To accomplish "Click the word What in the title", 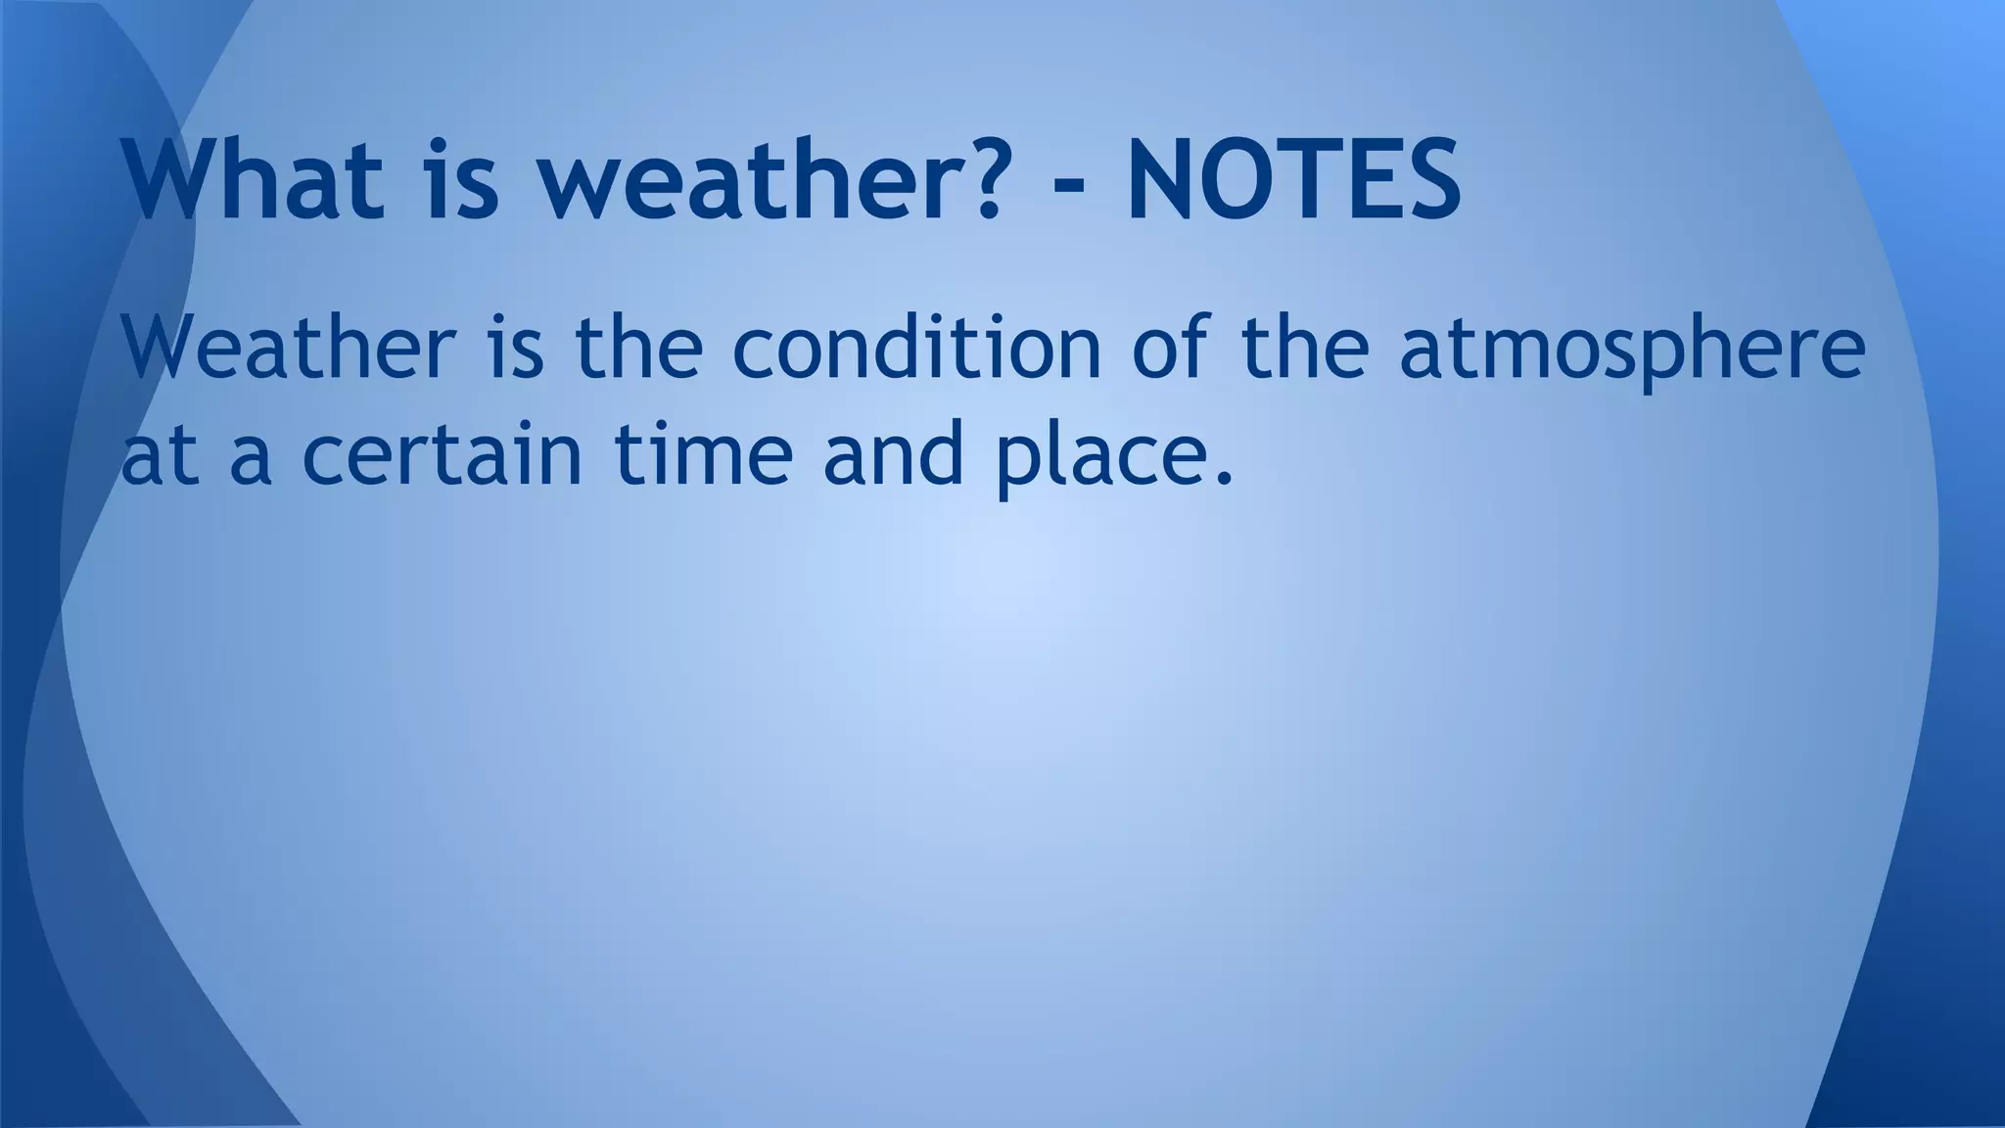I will pos(253,181).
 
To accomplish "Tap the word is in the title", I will pos(463,181).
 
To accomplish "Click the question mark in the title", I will pos(973,181).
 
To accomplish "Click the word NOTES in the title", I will pos(1293,181).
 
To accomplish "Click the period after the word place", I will pos(1221,479).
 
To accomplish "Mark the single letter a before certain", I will pos(250,460).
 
